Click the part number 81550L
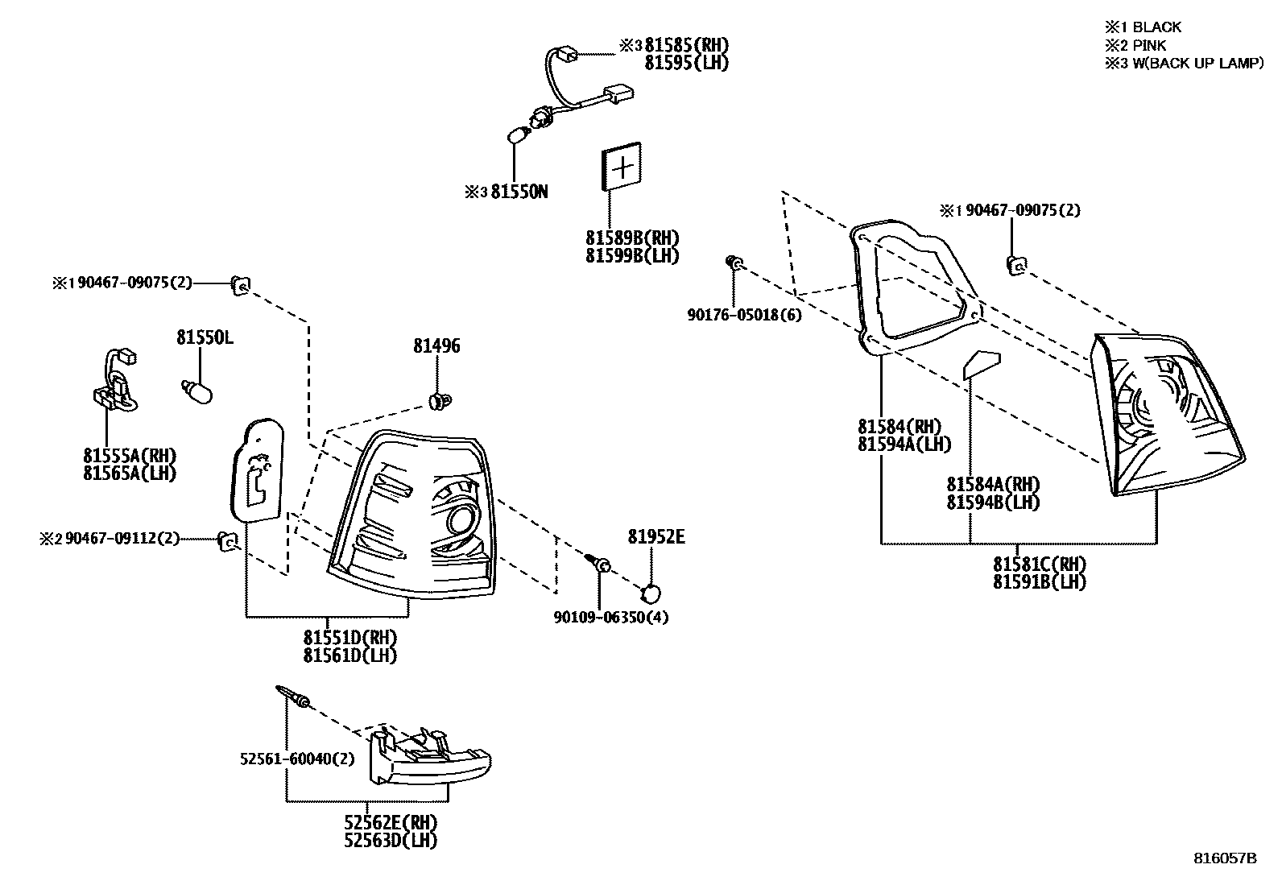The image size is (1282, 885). (x=205, y=338)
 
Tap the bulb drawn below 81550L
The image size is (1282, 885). (x=197, y=391)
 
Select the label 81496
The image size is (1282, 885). (x=436, y=346)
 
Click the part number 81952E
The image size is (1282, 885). (x=656, y=537)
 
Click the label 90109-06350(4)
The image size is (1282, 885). (x=611, y=618)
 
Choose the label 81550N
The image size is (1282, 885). (x=519, y=192)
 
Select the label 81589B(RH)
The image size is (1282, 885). (x=632, y=238)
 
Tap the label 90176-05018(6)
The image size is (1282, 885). (x=744, y=315)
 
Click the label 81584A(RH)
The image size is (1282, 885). (x=993, y=485)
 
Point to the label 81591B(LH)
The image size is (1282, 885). (x=1039, y=581)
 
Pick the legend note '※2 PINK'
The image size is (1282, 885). (x=1135, y=46)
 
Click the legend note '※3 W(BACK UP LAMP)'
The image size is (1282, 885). (x=1184, y=64)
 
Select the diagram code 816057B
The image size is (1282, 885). (x=1225, y=858)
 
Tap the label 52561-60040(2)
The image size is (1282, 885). (x=297, y=759)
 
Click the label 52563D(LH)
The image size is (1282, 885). (x=391, y=840)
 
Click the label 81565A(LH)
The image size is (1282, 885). (x=130, y=474)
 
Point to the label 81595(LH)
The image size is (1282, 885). (x=687, y=63)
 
